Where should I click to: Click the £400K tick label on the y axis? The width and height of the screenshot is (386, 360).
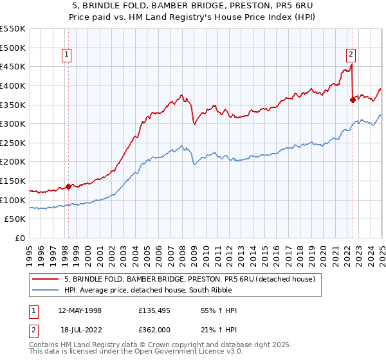[13, 85]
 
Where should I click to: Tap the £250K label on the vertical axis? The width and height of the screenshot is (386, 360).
[13, 143]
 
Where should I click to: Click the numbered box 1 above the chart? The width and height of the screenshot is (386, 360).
[68, 55]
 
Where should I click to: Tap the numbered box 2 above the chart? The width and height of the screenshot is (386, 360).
[351, 55]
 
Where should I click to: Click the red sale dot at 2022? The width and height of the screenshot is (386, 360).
[353, 100]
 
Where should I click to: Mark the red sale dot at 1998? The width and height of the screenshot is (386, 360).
[69, 186]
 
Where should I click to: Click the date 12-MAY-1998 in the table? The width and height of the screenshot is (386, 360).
[80, 310]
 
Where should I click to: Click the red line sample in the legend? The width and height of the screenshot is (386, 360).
[45, 279]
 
